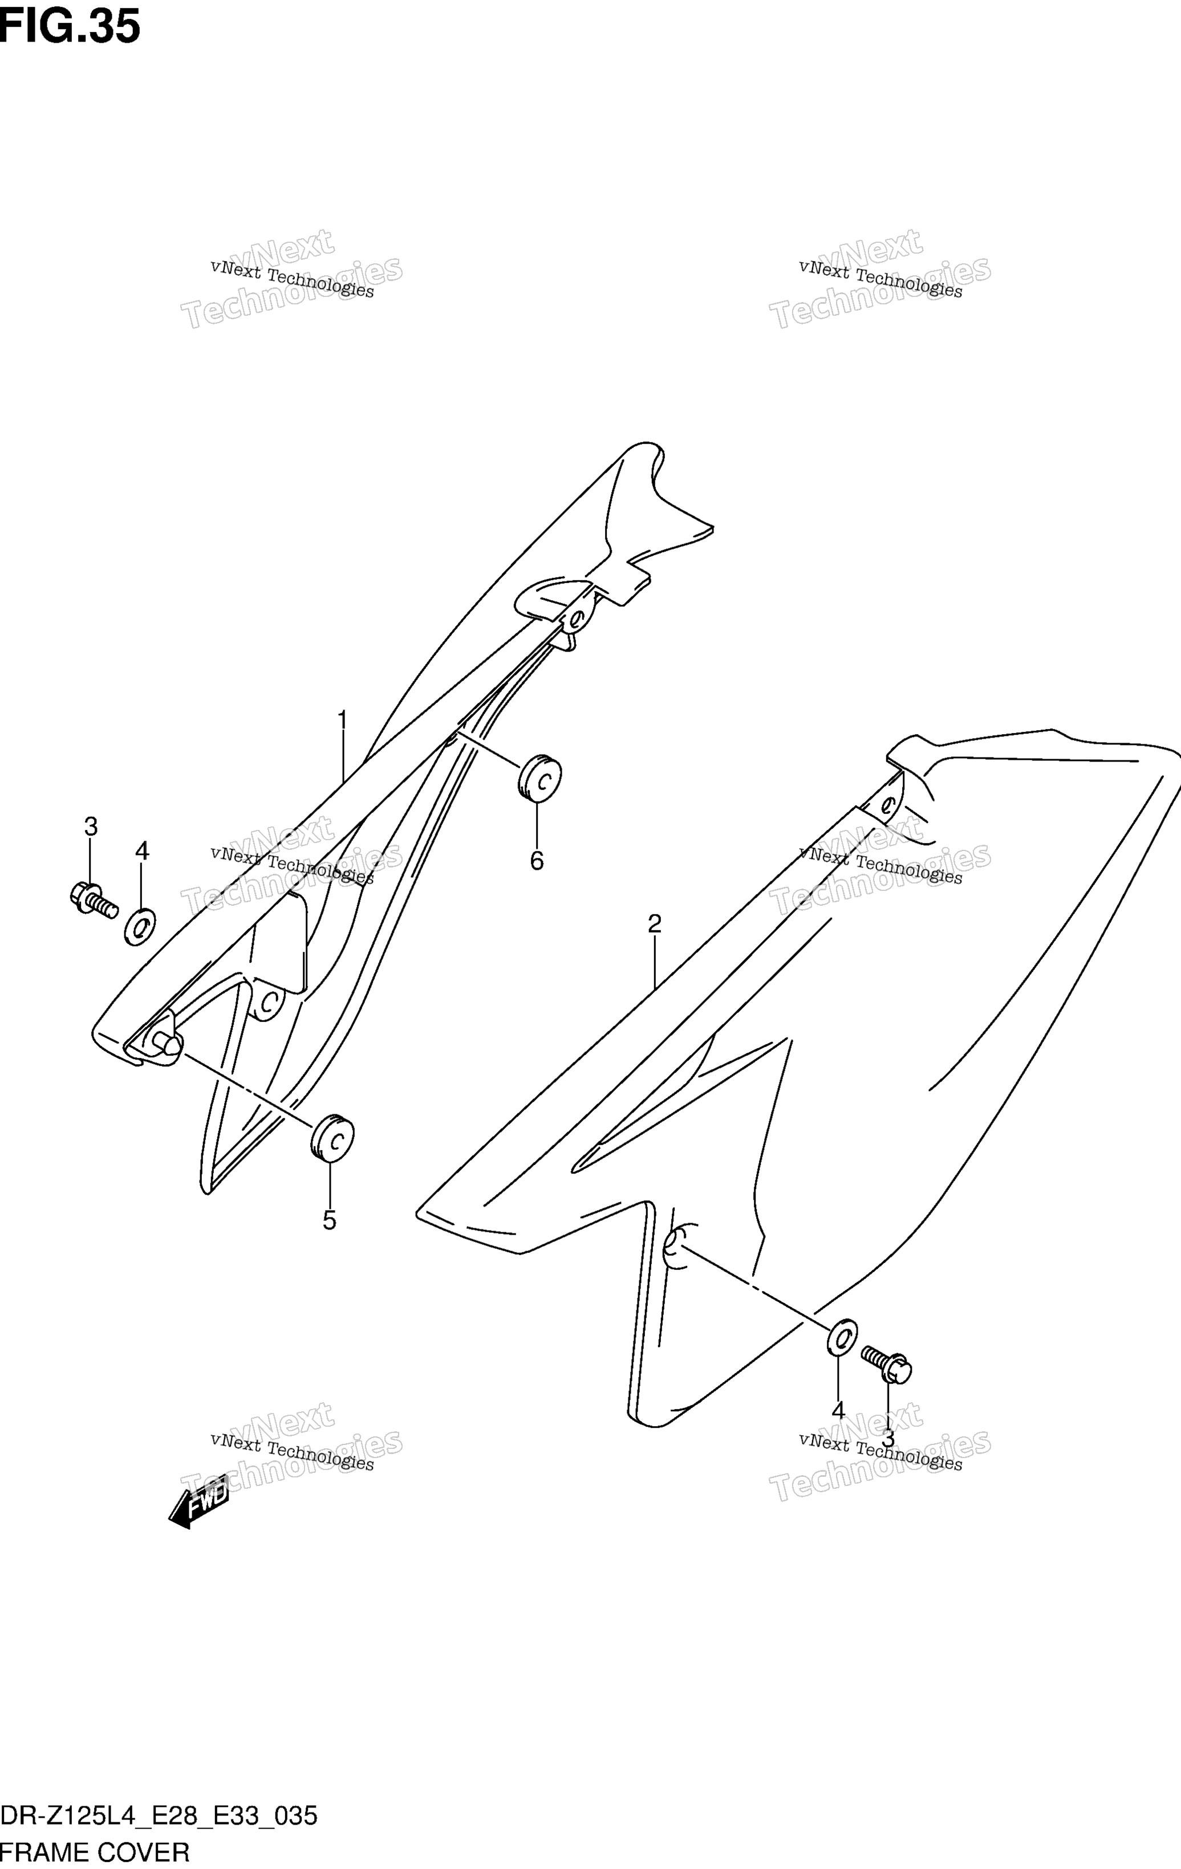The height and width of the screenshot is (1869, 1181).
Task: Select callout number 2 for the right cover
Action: click(x=655, y=923)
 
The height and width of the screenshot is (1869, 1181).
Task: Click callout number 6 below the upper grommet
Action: click(x=537, y=861)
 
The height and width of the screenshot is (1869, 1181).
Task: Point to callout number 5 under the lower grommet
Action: click(x=329, y=1221)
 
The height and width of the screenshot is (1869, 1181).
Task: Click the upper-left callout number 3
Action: click(x=91, y=826)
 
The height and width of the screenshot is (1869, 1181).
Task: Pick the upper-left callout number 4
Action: click(x=142, y=852)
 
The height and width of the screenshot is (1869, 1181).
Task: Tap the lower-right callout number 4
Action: click(x=838, y=1410)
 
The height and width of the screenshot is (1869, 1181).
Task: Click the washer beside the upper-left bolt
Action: click(x=140, y=927)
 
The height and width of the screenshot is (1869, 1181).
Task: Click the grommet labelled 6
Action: click(x=539, y=776)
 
